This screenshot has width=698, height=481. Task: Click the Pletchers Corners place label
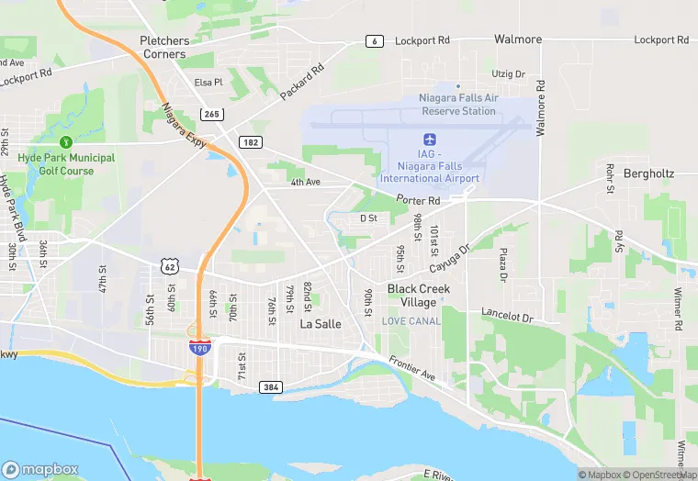click(x=163, y=47)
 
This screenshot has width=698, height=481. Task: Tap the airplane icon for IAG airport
click(x=429, y=139)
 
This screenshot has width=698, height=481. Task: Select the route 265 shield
click(x=212, y=113)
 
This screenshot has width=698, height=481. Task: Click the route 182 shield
click(x=249, y=141)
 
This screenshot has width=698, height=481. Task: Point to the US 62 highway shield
click(x=168, y=266)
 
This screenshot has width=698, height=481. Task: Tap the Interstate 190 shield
click(x=198, y=348)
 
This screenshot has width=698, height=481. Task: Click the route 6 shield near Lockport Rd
click(x=374, y=41)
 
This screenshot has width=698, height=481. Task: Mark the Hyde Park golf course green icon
click(x=65, y=142)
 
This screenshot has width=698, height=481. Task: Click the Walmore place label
click(x=518, y=39)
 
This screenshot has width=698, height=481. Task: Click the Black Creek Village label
click(x=419, y=295)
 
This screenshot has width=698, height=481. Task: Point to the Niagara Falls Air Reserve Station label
click(x=458, y=105)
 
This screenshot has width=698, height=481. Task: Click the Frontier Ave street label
click(x=411, y=368)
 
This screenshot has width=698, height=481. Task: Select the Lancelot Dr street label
click(x=508, y=316)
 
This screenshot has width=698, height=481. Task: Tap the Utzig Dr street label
click(x=508, y=73)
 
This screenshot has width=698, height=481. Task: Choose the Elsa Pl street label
click(x=208, y=83)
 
